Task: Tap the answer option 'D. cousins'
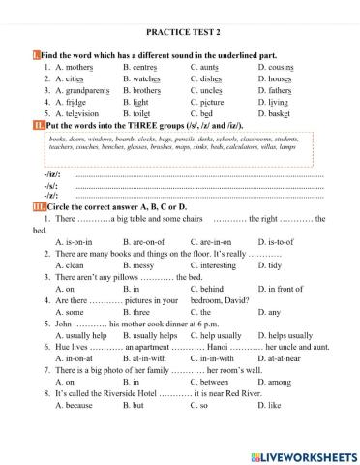[x=278, y=67]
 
